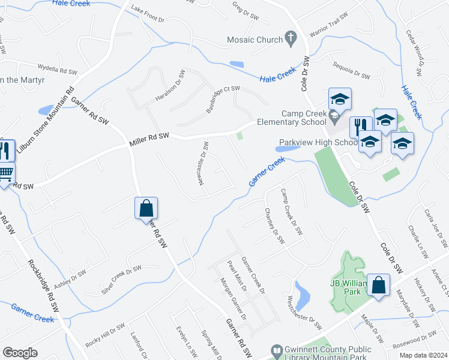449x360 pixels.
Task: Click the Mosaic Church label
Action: coord(255,40)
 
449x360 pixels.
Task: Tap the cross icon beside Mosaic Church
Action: coord(291,40)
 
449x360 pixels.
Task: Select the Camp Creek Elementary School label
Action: coord(306,118)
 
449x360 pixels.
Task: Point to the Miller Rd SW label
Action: coord(149,140)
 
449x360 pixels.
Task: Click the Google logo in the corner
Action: coord(20,352)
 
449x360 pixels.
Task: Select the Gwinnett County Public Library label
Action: coord(333,352)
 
